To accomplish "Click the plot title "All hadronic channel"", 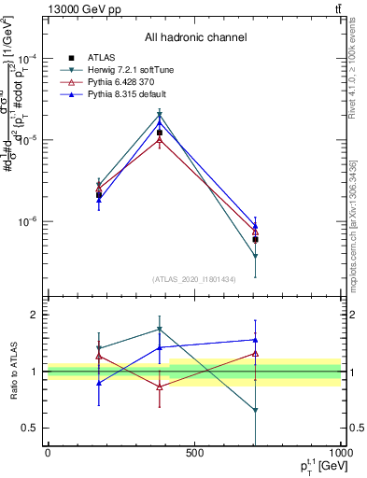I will pyautogui.click(x=195, y=37).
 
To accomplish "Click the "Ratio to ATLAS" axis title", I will pyautogui.click(x=12, y=372).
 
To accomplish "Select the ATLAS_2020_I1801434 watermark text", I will pyautogui.click(x=194, y=279).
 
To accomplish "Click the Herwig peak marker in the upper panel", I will pyautogui.click(x=160, y=115).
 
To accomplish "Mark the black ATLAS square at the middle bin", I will pyautogui.click(x=160, y=133).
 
